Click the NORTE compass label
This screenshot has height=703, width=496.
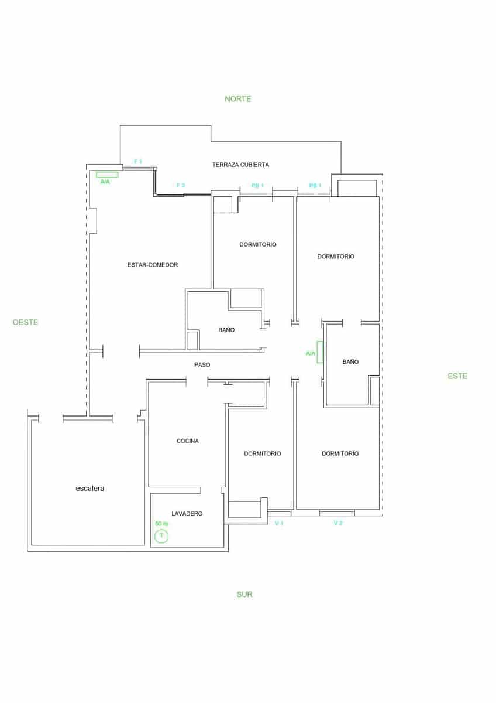click(238, 99)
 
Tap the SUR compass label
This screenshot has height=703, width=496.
click(244, 594)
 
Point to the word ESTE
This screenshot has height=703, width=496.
click(457, 376)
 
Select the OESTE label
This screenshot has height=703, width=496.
click(25, 322)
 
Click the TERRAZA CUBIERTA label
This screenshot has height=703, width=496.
click(240, 165)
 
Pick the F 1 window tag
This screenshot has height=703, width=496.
click(138, 161)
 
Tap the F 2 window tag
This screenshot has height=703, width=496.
click(181, 185)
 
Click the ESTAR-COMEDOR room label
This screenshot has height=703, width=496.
click(153, 265)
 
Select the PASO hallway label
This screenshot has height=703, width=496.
click(202, 364)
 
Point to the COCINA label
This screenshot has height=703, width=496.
click(188, 441)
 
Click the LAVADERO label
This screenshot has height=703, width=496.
click(188, 513)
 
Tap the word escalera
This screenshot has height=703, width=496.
click(90, 487)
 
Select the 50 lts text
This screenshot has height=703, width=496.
click(161, 524)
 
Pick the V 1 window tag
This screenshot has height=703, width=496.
click(279, 523)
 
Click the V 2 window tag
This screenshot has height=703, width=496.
click(337, 523)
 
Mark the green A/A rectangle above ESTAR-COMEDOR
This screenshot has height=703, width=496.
click(107, 174)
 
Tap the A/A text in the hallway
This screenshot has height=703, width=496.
click(311, 353)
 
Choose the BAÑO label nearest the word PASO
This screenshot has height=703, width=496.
click(226, 330)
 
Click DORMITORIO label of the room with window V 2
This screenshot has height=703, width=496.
click(340, 453)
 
